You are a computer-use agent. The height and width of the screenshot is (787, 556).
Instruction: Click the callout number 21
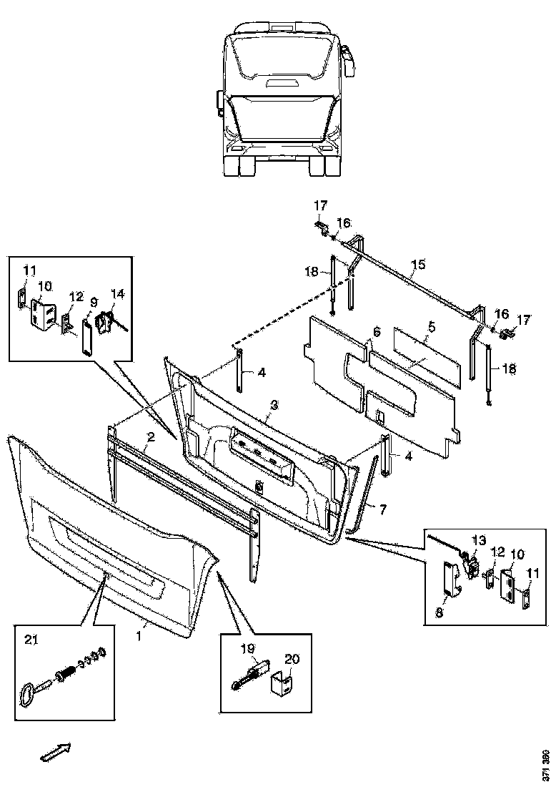pos(31,640)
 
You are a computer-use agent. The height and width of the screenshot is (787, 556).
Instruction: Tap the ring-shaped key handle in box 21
pos(26,694)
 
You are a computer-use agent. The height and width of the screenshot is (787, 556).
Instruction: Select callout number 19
pos(248,649)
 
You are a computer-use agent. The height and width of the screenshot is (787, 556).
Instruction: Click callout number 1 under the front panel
pos(140,637)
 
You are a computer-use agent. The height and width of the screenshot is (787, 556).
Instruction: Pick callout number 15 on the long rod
pos(417,264)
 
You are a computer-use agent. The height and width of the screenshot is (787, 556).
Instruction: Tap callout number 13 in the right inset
pos(480,540)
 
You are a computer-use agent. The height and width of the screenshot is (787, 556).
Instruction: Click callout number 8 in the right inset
pos(440,613)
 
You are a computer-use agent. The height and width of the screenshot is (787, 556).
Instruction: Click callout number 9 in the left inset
pos(94,303)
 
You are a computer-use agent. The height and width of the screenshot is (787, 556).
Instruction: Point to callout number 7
pos(382,510)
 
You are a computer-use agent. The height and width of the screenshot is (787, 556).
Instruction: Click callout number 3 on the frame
pos(273,404)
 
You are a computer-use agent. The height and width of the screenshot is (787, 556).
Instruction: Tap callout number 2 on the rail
pos(151,436)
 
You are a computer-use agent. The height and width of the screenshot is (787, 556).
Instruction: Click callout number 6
pos(377,332)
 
